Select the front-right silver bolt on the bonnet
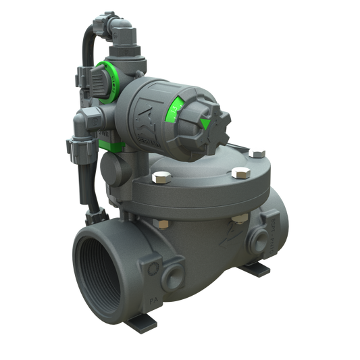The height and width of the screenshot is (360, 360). (x=238, y=175)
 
